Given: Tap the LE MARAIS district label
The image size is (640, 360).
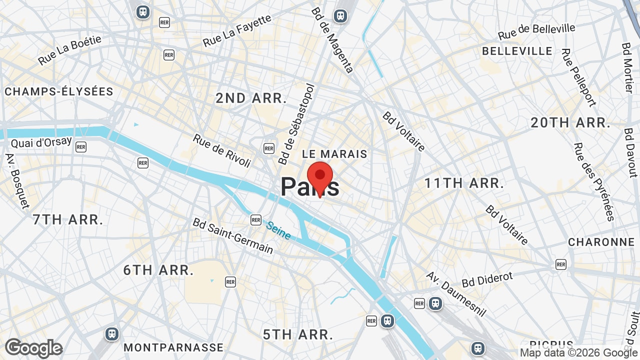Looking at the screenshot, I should (334, 154).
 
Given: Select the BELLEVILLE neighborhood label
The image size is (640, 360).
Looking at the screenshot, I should (517, 51).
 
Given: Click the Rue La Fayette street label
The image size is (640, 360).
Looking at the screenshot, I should (237, 30).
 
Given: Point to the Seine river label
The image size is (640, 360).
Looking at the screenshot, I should (278, 230).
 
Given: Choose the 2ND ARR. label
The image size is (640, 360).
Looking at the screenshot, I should (251, 98).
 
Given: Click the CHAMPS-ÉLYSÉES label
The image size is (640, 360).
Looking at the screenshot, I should (59, 91).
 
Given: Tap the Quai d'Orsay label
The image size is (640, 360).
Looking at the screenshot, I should (41, 142).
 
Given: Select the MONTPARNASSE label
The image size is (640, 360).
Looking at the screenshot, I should (173, 347).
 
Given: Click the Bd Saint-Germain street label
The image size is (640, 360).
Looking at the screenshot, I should (233, 235).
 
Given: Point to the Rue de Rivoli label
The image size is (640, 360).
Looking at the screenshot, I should (221, 150).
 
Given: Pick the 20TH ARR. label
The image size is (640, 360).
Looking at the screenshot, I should (570, 122).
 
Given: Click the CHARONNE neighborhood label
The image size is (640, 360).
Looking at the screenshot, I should (601, 242).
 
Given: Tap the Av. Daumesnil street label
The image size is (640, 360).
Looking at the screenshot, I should (456, 294).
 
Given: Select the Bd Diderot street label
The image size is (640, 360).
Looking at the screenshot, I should (487, 279).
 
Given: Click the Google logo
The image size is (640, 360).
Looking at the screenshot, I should (33, 348).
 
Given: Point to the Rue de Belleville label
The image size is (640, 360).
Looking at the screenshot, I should (536, 31).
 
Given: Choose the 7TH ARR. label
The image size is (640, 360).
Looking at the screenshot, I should (68, 219).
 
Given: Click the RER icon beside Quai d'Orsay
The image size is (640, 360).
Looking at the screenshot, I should (81, 146).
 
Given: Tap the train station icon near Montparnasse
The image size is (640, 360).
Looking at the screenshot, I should (112, 334).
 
